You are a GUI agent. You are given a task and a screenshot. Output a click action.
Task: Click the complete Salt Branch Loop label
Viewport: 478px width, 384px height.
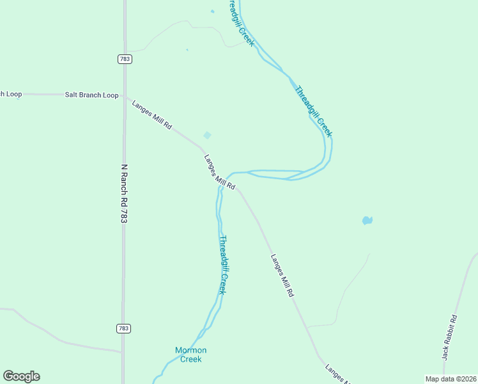pos(92,95)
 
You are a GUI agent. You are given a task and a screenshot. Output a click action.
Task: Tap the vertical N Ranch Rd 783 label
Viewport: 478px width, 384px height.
pos(125,192)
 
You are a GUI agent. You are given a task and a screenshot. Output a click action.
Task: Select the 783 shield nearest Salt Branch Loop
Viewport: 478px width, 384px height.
pos(124,59)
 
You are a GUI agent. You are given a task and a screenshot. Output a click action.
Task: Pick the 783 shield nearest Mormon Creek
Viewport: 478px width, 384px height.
pos(124,328)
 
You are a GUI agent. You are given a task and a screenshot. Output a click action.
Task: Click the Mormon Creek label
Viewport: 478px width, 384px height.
pos(190,355)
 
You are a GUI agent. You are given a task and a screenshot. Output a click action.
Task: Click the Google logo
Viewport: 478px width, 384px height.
pos(21,376)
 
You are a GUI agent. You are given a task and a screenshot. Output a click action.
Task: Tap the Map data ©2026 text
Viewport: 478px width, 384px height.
pos(451,379)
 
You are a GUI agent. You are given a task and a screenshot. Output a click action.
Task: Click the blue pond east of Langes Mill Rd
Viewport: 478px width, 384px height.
pos(367,220)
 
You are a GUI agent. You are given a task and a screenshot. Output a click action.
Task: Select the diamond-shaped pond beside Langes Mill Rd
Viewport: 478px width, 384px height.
pos(207,135)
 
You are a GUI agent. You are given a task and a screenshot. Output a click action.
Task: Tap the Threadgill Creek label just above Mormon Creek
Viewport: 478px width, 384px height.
pos(222,264)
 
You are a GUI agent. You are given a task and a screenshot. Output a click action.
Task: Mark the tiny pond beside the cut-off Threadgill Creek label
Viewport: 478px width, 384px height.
pos(213,11)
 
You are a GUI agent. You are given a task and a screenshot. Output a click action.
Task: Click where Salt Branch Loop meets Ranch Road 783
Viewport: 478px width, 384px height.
pos(124,95)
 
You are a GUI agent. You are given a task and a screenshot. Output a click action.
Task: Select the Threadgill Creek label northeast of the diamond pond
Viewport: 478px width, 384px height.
pos(313,110)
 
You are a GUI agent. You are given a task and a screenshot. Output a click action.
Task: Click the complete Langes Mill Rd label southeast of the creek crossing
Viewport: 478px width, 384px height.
pos(282,275)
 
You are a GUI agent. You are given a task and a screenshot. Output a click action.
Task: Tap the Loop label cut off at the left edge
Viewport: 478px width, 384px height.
pos(11,94)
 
